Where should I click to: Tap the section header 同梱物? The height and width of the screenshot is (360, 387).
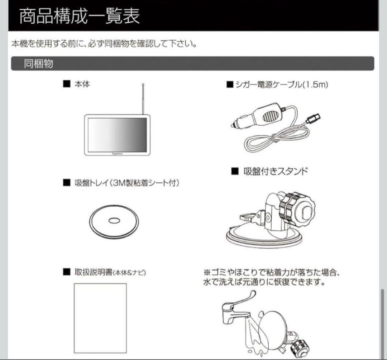point(38,64)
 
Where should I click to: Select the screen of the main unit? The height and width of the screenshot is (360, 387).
point(117,134)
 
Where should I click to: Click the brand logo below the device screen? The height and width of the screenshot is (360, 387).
point(117,152)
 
